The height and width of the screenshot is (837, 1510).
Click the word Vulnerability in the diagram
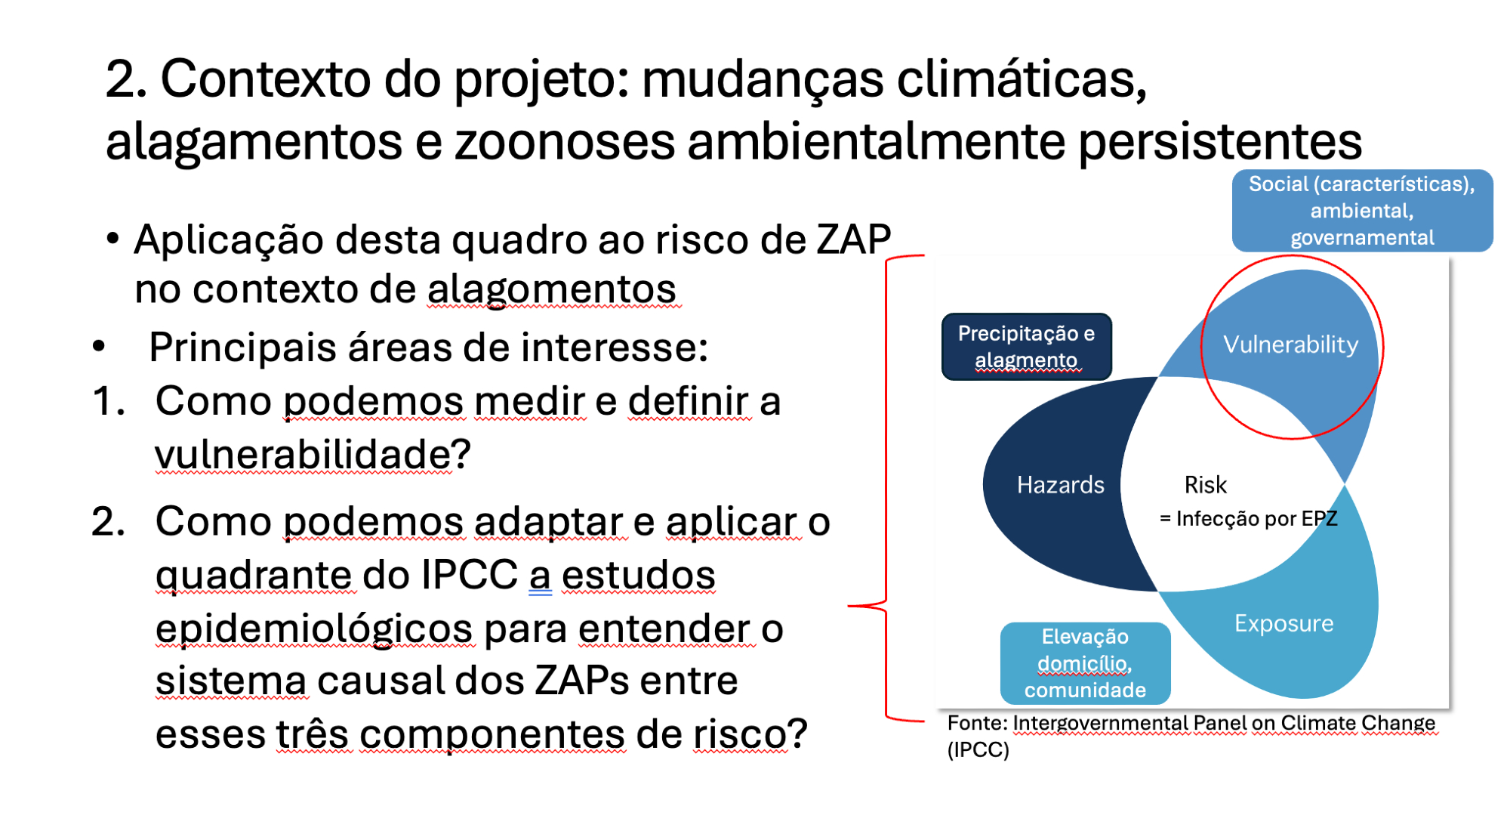1290,344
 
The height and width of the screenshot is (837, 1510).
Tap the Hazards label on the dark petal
1060,484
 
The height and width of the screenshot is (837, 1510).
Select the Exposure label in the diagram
1283,623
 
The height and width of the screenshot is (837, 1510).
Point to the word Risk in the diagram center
1205,484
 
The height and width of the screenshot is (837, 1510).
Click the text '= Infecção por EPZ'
1248,518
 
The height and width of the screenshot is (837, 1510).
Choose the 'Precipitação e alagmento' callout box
1027,347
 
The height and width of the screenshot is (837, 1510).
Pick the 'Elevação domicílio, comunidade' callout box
1085,663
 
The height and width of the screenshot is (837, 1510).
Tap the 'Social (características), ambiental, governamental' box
1362,211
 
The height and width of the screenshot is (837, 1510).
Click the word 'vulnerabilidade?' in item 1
313,454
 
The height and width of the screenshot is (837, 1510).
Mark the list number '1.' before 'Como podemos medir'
109,400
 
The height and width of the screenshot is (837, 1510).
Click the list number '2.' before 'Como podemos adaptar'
108,521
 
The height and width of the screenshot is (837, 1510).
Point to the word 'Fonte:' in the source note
978,723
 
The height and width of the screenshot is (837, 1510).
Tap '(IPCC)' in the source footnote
978,750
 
